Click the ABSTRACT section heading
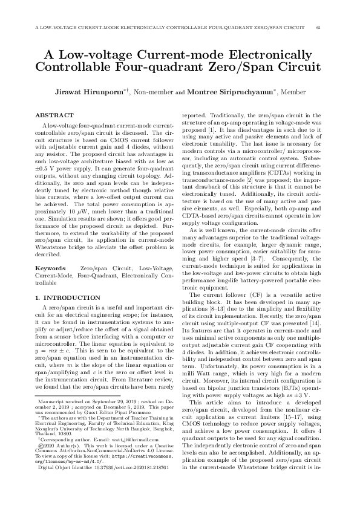coord(54,115)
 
